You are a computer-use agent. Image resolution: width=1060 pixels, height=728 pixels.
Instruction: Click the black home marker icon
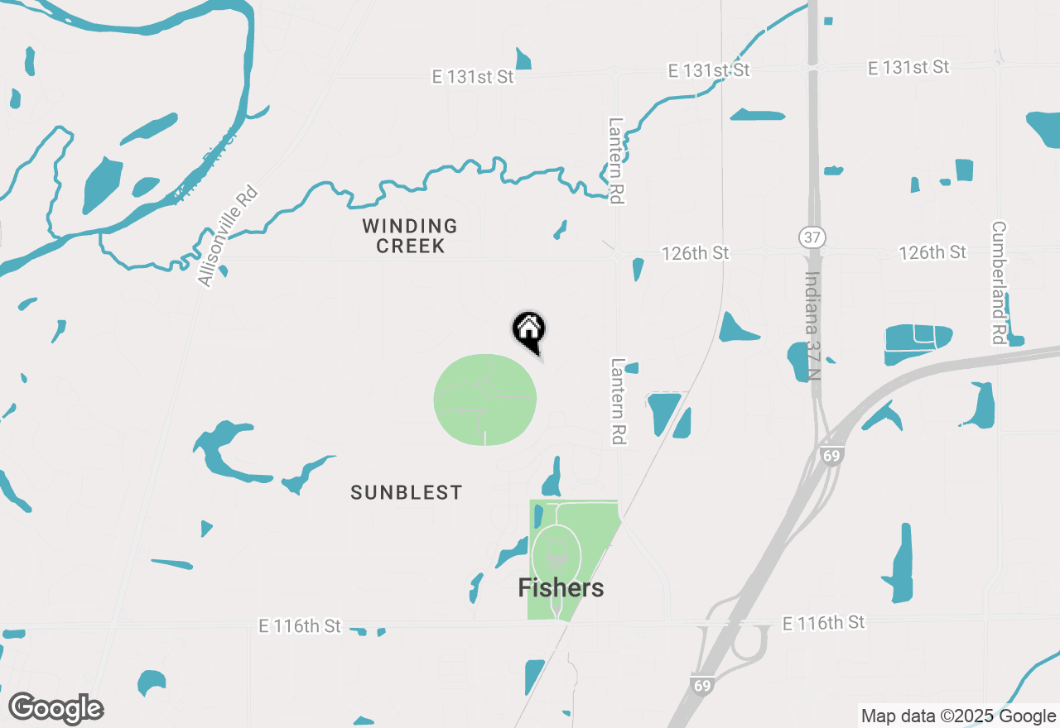click(528, 330)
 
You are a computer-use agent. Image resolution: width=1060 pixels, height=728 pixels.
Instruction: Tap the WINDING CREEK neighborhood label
click(410, 236)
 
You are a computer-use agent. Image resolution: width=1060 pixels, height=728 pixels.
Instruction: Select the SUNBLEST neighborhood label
click(406, 493)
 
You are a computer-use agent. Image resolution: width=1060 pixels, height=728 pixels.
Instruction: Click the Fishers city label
click(561, 588)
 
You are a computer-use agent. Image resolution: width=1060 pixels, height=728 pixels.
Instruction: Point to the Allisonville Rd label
click(228, 237)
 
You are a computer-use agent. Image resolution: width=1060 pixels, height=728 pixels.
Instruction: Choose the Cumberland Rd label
click(999, 282)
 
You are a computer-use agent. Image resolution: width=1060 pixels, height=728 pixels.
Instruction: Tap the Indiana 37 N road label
click(814, 327)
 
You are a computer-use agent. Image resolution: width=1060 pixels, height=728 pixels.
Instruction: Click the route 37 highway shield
click(812, 237)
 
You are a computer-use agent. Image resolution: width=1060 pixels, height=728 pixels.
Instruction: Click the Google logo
click(55, 708)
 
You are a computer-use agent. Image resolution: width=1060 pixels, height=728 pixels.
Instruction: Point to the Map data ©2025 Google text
click(957, 716)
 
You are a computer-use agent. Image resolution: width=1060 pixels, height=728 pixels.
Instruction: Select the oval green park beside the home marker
click(485, 400)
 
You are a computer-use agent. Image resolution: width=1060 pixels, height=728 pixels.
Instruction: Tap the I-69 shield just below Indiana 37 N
click(832, 457)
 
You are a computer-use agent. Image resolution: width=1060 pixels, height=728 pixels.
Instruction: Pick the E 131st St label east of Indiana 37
click(908, 68)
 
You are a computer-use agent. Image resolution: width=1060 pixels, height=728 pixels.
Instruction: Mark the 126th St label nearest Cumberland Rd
click(932, 251)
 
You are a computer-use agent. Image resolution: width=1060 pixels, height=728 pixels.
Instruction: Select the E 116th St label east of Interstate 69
click(823, 622)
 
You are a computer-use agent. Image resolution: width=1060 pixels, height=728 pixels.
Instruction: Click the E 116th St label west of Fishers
click(299, 626)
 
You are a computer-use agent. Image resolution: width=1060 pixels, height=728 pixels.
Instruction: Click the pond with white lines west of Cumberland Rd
click(917, 342)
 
